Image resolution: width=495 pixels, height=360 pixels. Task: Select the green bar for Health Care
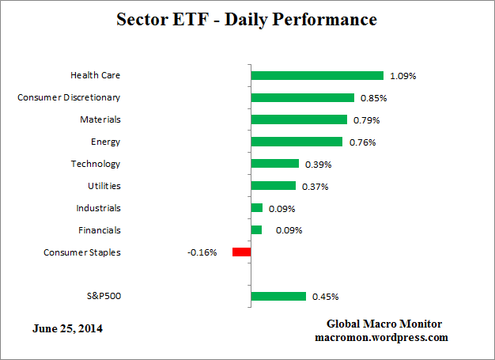(x=316, y=76)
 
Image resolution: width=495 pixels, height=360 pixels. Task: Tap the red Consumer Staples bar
(x=241, y=252)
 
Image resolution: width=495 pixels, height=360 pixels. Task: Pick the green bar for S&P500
(x=278, y=297)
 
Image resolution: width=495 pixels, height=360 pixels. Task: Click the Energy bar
(x=297, y=142)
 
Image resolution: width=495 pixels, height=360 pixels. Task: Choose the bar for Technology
(x=274, y=164)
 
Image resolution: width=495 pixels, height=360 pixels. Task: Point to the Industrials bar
(x=256, y=208)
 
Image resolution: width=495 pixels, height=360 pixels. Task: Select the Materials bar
(x=298, y=119)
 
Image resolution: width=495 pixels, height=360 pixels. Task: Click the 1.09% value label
(x=402, y=76)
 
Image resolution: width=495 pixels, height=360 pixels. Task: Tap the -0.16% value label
(x=202, y=253)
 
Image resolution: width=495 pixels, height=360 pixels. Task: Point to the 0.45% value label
(x=325, y=297)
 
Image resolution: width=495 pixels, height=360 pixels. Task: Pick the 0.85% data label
(x=372, y=98)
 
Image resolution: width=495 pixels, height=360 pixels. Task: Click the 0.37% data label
(x=315, y=187)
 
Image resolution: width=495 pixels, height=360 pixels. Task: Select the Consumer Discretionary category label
(x=69, y=98)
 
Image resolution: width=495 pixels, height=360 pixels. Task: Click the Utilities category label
(x=104, y=186)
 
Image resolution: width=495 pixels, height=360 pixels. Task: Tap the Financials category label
(x=100, y=230)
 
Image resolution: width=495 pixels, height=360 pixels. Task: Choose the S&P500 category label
(x=103, y=297)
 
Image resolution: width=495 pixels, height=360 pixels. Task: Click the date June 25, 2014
(x=67, y=328)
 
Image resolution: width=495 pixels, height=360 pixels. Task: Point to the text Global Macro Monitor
(x=384, y=324)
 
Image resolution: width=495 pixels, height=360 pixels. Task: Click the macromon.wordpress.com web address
(x=381, y=337)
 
